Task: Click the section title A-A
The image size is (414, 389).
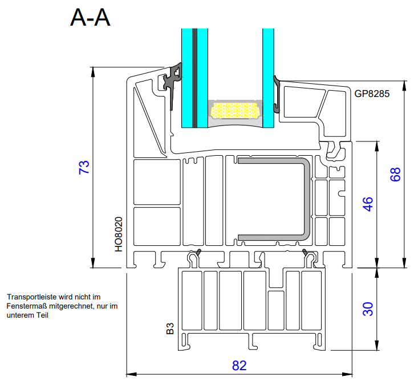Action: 90,18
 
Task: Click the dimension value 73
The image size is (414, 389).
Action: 84,167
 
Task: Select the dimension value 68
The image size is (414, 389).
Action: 395,175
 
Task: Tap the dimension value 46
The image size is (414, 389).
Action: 368,204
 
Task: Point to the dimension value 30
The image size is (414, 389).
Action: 368,309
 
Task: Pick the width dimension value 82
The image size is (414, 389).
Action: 239,366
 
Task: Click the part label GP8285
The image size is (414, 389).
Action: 372,94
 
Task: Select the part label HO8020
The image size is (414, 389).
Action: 119,234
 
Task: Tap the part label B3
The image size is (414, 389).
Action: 170,329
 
